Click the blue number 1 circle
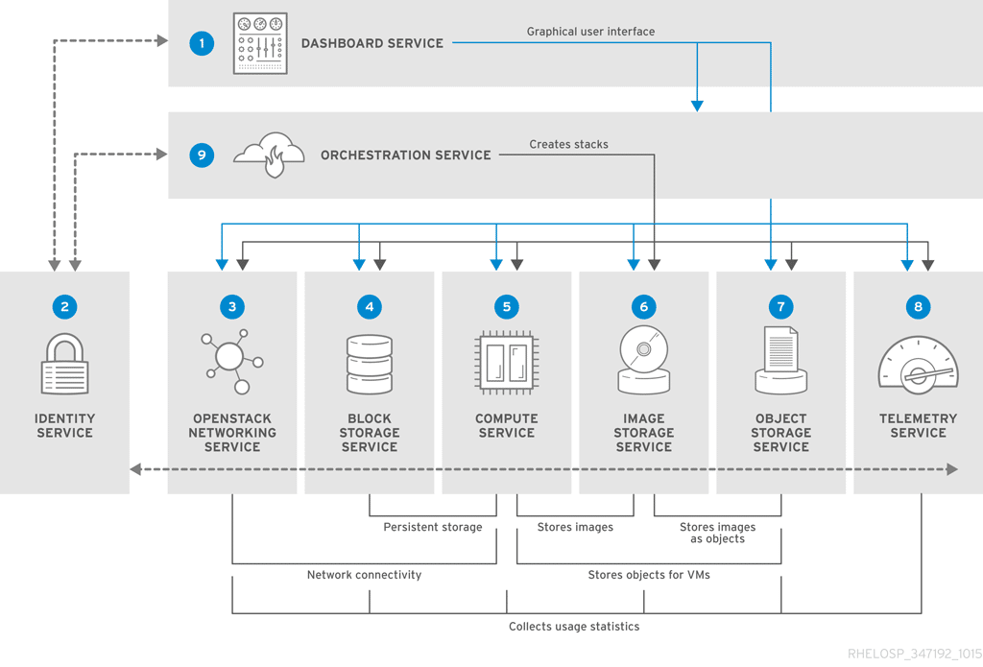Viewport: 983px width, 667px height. (202, 43)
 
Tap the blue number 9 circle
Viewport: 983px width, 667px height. (202, 155)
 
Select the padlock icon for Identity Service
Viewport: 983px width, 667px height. (64, 365)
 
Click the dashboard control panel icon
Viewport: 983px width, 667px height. (260, 43)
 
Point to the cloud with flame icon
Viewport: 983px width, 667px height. (270, 155)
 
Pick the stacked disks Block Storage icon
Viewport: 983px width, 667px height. (369, 364)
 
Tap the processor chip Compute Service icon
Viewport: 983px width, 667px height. (506, 363)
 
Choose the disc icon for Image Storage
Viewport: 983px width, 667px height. (643, 360)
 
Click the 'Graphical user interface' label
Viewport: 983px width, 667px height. (590, 32)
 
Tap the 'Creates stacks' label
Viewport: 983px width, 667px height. (568, 145)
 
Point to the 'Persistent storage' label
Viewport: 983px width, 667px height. (433, 527)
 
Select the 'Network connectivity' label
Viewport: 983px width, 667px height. (364, 575)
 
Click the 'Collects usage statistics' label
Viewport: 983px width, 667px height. (574, 627)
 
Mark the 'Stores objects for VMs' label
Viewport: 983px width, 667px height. (649, 575)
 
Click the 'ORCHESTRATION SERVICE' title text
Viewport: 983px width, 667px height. (405, 155)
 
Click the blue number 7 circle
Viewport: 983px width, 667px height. (780, 307)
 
